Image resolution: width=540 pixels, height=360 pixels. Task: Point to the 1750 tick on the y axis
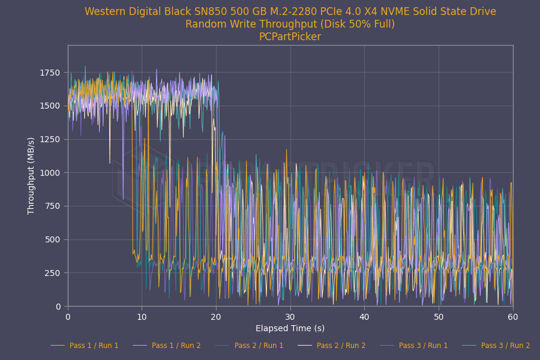click(50, 73)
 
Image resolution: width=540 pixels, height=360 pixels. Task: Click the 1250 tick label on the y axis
click(50, 139)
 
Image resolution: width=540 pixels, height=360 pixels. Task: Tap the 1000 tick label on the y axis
click(50, 173)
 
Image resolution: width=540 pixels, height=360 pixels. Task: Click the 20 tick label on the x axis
click(216, 316)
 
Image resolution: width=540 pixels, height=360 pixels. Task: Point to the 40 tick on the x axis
click(364, 316)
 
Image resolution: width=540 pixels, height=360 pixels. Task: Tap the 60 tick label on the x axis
click(512, 316)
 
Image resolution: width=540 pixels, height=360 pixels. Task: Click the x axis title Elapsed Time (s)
click(290, 328)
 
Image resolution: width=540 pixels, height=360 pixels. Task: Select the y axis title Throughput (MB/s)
click(31, 175)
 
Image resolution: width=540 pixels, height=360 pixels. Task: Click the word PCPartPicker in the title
click(290, 37)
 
